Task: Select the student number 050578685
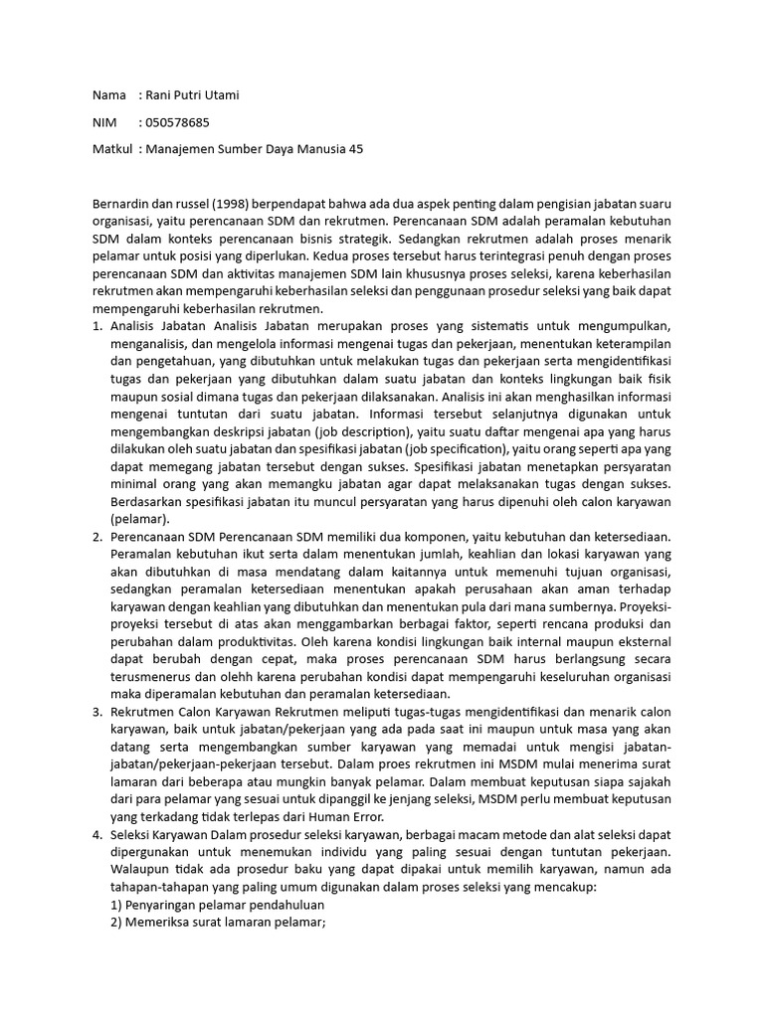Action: point(178,122)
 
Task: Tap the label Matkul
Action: point(111,149)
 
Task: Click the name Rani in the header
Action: point(162,95)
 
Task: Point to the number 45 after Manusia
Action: point(356,149)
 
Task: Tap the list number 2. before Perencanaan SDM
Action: point(97,537)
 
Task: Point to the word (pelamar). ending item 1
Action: point(140,519)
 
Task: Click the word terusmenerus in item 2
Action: point(147,678)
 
